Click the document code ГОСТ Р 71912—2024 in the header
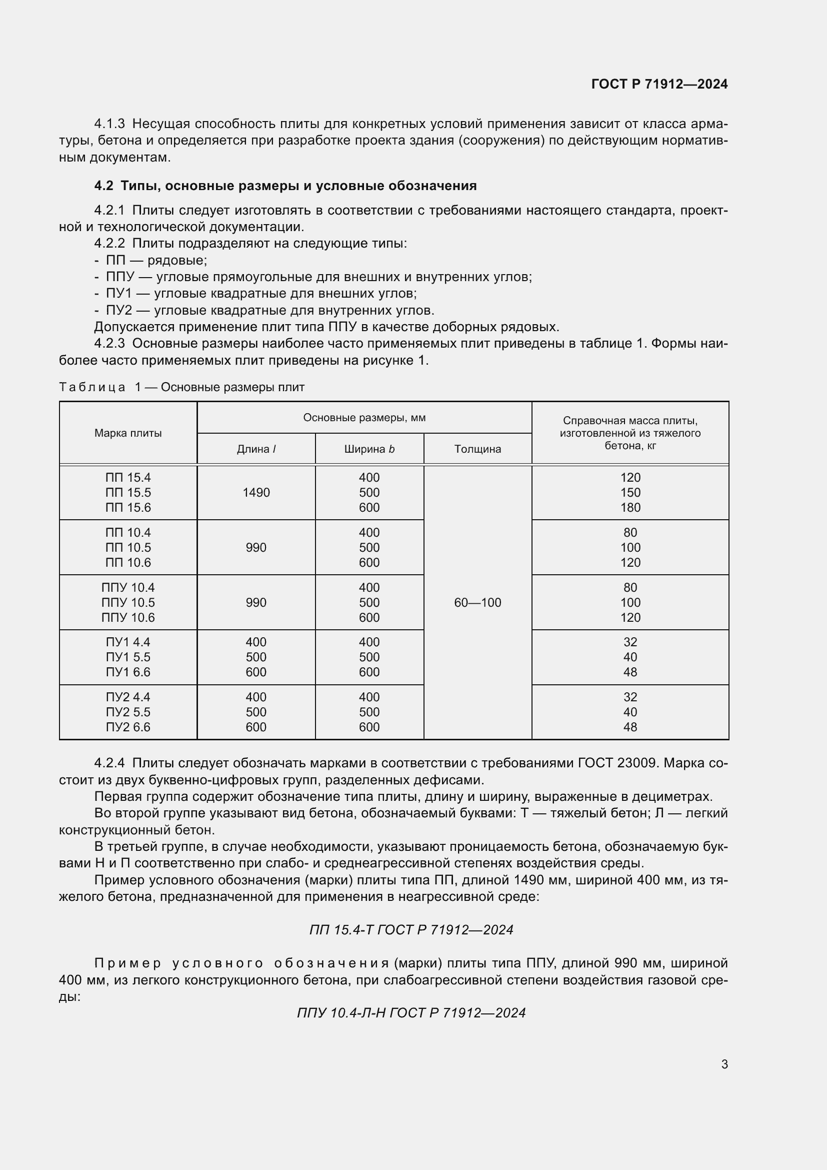659,84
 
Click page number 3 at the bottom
724,1064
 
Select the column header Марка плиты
128,433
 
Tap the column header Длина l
256,449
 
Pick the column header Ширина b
369,449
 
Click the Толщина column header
477,449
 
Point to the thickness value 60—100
477,602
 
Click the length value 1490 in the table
256,492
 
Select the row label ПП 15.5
128,492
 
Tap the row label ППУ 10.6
128,617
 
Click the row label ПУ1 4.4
128,642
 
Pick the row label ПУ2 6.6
128,727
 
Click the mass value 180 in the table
630,508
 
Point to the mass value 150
630,492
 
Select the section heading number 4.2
103,186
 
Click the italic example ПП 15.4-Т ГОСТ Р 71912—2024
411,930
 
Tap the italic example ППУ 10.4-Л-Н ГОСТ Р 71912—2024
411,1012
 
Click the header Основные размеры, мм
364,418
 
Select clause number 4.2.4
109,763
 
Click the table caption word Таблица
91,387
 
